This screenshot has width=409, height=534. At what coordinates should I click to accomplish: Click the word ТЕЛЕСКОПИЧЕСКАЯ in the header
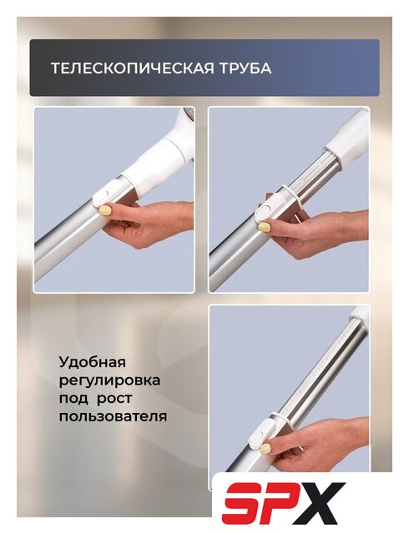(133, 68)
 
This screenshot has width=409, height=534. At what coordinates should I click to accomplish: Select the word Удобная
(93, 361)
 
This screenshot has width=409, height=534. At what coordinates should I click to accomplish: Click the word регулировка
(109, 381)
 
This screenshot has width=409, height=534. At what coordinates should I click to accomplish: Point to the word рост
(114, 399)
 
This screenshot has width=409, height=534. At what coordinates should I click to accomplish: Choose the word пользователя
(114, 416)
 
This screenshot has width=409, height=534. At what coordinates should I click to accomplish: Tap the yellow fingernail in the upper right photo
(263, 227)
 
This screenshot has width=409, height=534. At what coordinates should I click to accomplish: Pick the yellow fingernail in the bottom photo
(265, 448)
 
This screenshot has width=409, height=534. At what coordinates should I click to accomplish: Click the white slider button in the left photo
(102, 197)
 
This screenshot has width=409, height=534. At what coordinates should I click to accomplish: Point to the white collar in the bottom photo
(361, 315)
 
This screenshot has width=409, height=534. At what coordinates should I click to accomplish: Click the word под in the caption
(73, 399)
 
